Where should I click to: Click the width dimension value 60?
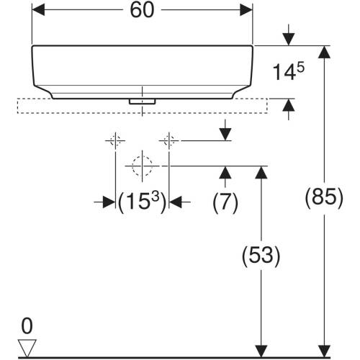coord(142,10)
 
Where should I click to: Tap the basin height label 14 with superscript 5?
coord(288,71)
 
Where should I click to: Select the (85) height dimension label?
coord(324,197)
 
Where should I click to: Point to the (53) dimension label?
coord(261,256)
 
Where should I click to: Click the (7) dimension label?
coord(225,202)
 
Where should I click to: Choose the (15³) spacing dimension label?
coord(142,202)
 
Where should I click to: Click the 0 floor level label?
coord(27,326)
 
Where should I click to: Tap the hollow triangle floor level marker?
coord(27,348)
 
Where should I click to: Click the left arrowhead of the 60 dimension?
coord(38,10)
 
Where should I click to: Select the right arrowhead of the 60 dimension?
coord(246,10)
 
